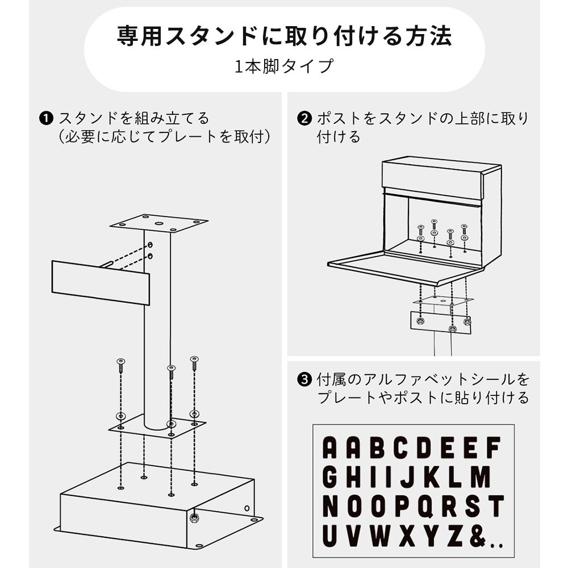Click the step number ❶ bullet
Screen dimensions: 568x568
(46, 119)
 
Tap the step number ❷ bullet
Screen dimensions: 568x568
(304, 119)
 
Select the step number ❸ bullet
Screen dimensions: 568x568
(304, 379)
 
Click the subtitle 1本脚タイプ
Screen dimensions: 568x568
(284, 66)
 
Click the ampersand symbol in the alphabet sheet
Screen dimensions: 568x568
(478, 537)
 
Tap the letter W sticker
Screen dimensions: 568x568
(379, 537)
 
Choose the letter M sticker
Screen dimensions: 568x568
(481, 477)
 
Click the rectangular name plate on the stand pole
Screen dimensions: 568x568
(101, 282)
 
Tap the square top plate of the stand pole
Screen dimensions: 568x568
(158, 223)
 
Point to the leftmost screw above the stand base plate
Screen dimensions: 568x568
(120, 365)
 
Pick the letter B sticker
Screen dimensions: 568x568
(377, 448)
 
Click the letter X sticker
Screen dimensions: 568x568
(408, 537)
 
